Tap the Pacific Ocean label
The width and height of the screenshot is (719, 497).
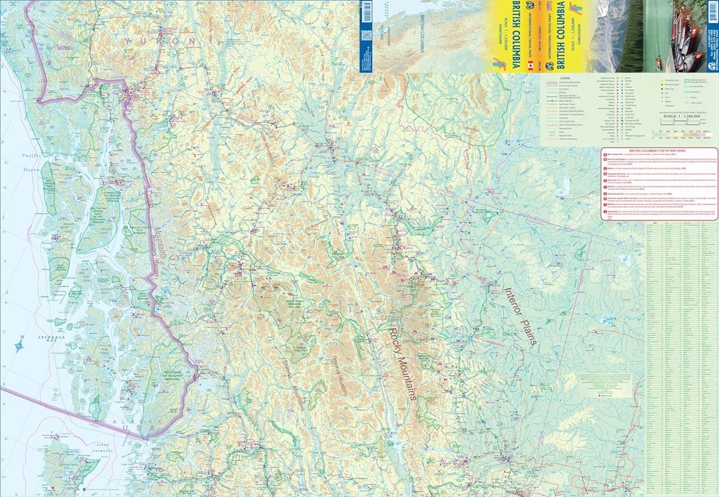[x=29, y=160]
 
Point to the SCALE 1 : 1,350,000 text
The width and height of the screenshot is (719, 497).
[x=676, y=116]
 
